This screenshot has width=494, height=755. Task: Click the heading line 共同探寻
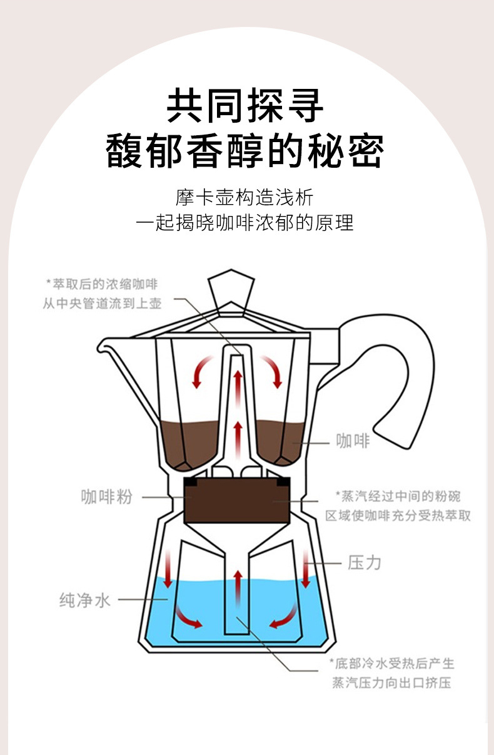pos(246,106)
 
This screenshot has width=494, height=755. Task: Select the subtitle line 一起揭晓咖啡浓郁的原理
pos(245,223)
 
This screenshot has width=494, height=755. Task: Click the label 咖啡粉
pos(107,497)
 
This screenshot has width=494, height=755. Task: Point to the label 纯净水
pos(85,600)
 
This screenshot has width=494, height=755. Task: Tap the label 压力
pos(364,562)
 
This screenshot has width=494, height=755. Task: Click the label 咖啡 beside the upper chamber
pos(353,441)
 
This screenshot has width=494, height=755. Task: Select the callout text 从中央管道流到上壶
pos(102,304)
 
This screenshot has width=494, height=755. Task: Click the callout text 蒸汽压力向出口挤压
pos(392,682)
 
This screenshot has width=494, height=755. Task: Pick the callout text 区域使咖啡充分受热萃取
pos(398,516)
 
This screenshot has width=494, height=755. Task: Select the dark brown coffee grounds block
pos(236,501)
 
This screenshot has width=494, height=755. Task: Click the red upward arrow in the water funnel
pos(237,588)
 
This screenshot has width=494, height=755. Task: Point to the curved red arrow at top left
pos(201,371)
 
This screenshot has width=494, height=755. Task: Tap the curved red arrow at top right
pos(273,371)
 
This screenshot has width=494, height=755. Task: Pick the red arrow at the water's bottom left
pos(188,619)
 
